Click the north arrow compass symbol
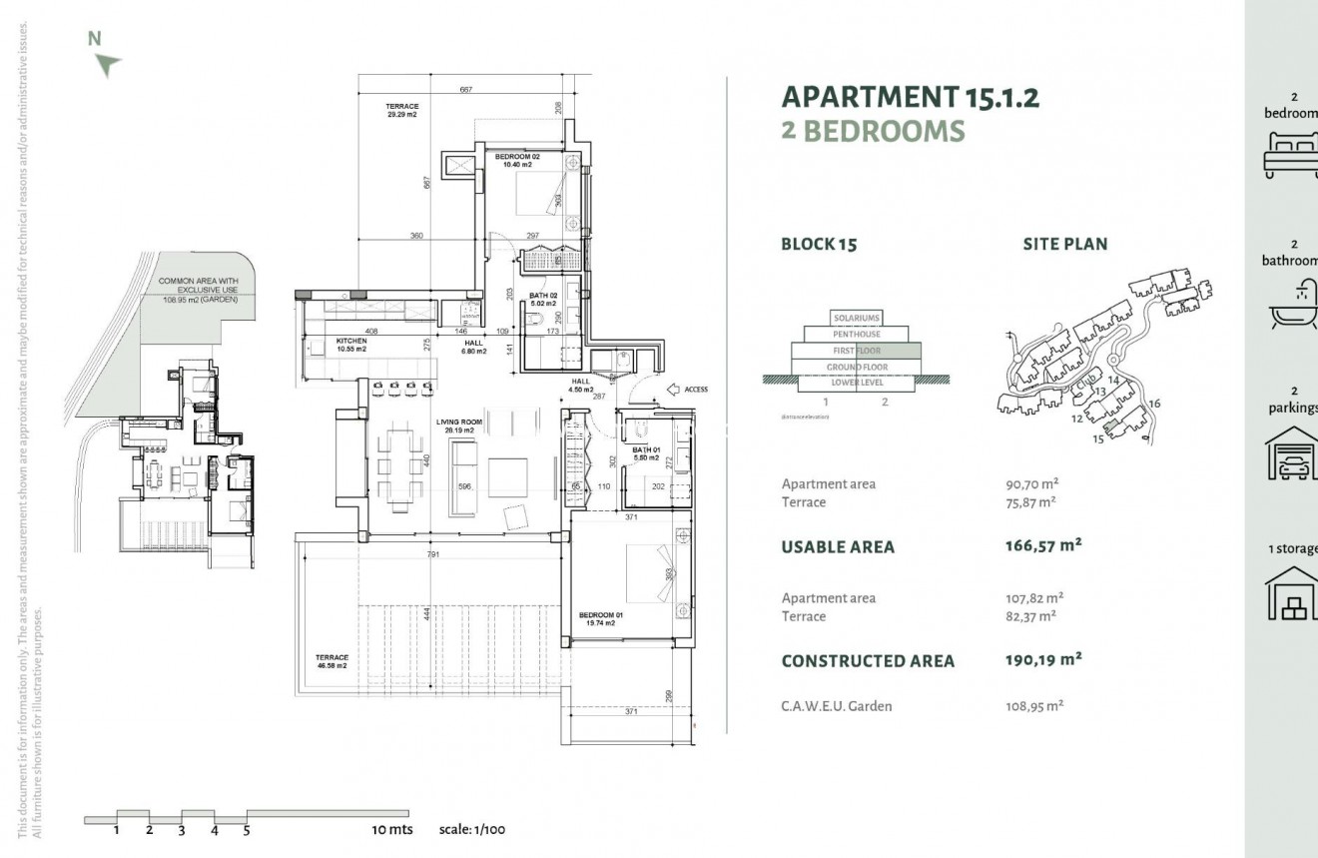[x=107, y=65]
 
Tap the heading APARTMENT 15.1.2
[x=910, y=97]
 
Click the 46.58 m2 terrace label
[x=330, y=661]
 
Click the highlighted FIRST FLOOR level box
[x=857, y=351]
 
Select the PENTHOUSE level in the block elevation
[x=857, y=335]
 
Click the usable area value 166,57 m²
[x=1043, y=546]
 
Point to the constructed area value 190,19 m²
[x=1043, y=660]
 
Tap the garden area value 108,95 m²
[x=1033, y=706]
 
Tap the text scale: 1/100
[x=472, y=830]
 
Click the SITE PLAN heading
[x=1064, y=244]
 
